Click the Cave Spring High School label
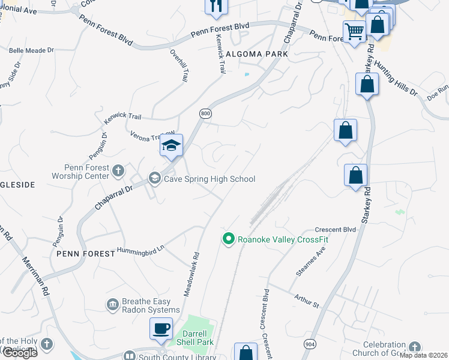tap(209, 179)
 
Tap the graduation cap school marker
tap(171, 146)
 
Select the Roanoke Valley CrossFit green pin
tap(228, 239)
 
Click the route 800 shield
tap(205, 113)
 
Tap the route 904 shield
tap(310, 344)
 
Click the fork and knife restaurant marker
tap(216, 6)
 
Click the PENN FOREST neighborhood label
tap(85, 254)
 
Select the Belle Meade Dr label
tap(31, 50)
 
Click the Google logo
tap(19, 353)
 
